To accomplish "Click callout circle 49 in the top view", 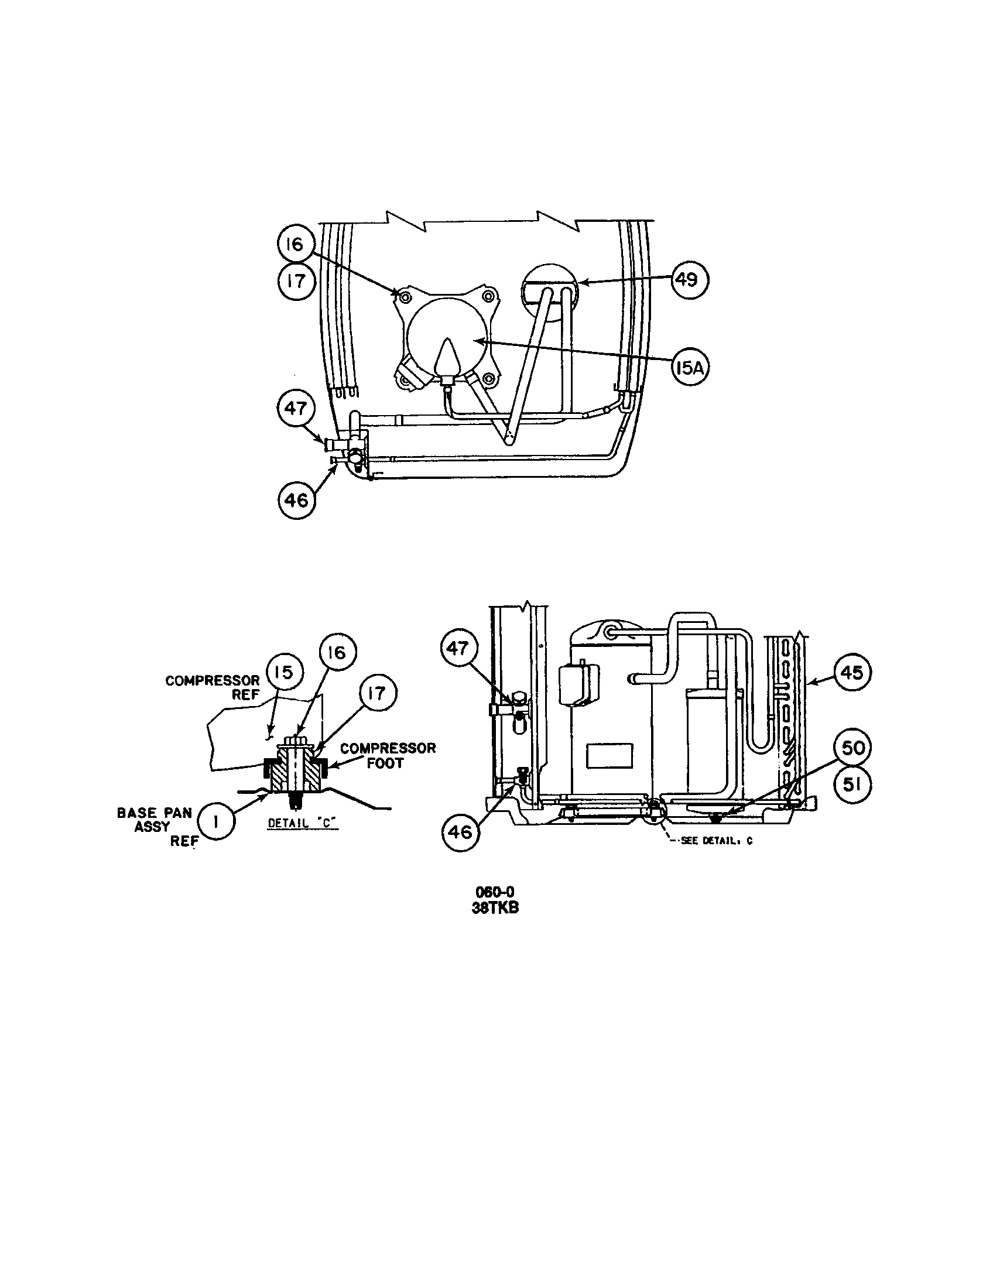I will [688, 279].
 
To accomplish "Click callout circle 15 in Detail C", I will [283, 672].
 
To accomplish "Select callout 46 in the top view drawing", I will [296, 500].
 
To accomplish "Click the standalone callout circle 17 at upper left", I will [296, 281].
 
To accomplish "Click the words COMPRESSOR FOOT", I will [388, 755].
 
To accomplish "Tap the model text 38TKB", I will [495, 908].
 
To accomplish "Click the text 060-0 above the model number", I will [495, 892].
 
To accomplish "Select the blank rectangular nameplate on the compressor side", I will [609, 755].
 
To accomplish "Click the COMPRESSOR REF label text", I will [213, 688].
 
